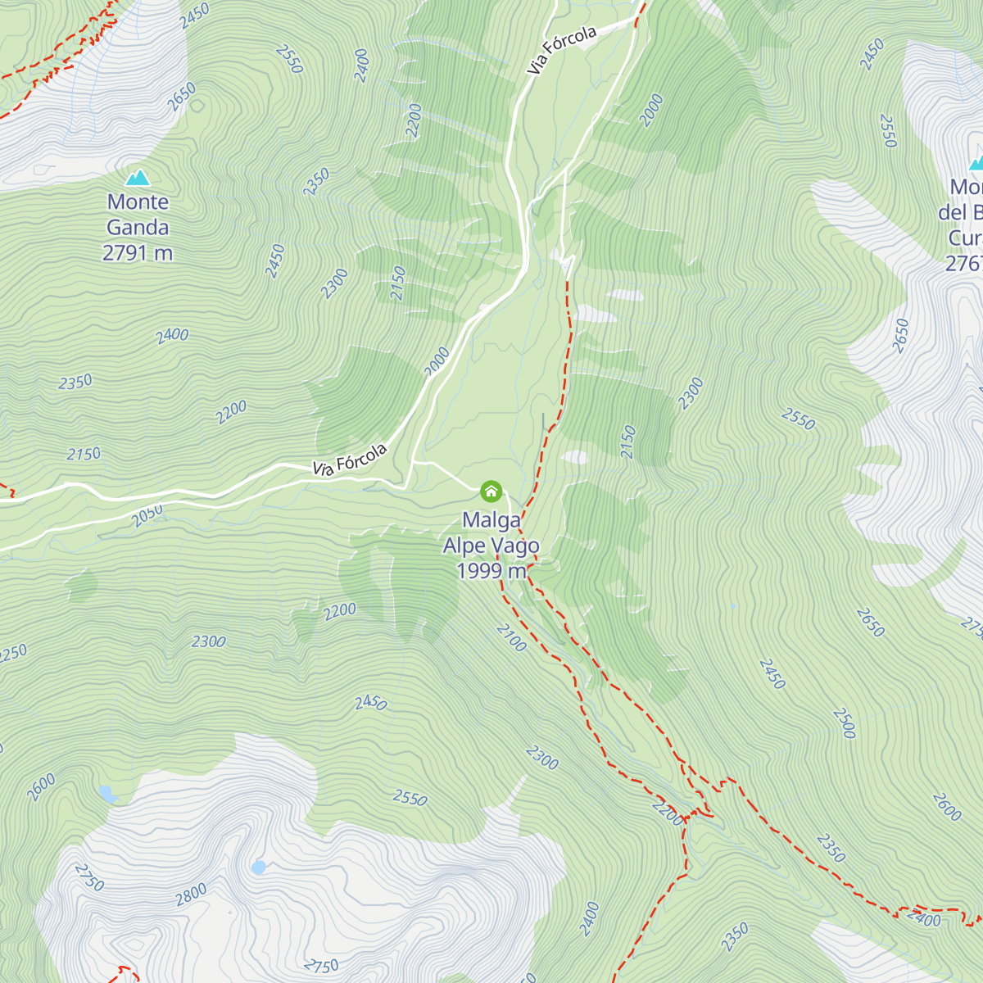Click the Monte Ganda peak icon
point(138,178)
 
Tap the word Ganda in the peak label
point(138,227)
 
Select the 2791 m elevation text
point(138,253)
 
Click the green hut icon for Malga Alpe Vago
point(491,491)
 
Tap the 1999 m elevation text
point(491,571)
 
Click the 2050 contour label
point(147,514)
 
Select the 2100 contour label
point(511,638)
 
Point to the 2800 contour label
point(191,895)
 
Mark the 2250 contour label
point(13,654)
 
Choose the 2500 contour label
point(845,723)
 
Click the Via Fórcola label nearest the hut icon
point(350,460)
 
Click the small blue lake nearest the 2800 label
point(259,867)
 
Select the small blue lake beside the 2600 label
point(106,793)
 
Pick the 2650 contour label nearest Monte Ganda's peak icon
point(181,97)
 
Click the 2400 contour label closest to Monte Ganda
point(172,335)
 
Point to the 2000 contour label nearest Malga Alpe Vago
point(437,361)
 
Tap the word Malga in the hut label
point(491,520)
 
